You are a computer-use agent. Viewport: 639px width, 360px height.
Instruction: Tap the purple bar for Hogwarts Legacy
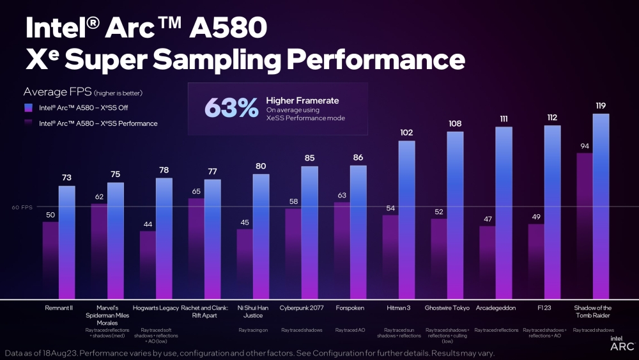pyautogui.click(x=148, y=265)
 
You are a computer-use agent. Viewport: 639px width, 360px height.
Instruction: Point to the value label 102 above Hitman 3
pyautogui.click(x=406, y=133)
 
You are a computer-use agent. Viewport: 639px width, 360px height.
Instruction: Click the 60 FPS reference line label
pyautogui.click(x=22, y=207)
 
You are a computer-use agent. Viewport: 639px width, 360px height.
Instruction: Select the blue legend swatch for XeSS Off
pyautogui.click(x=27, y=108)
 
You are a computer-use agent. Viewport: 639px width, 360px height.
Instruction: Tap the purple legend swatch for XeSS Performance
pyautogui.click(x=27, y=123)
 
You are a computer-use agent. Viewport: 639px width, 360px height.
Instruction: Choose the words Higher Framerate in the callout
pyautogui.click(x=302, y=100)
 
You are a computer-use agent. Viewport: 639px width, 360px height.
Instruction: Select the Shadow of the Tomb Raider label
pyautogui.click(x=592, y=311)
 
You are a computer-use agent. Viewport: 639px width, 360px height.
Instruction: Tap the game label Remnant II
pyautogui.click(x=59, y=308)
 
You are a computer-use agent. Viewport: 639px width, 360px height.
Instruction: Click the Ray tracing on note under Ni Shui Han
pyautogui.click(x=252, y=330)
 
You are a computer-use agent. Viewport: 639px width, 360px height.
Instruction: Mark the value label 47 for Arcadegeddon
pyautogui.click(x=488, y=219)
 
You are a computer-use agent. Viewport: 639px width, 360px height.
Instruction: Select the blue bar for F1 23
pyautogui.click(x=552, y=212)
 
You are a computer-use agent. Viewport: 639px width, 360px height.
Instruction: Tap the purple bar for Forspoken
pyautogui.click(x=342, y=250)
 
